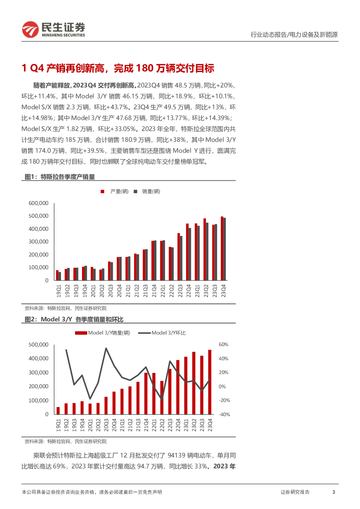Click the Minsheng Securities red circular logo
point(30,29)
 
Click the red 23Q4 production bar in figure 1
point(222,249)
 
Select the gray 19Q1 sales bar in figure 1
point(60,276)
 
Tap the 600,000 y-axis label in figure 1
point(38,203)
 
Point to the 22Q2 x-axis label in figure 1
point(171,291)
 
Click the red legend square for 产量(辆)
point(102,192)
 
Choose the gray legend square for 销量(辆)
point(135,192)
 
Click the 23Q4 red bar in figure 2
point(210,382)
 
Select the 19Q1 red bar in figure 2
point(58,411)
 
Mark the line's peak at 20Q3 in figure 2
point(106,348)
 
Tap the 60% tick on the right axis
point(224,345)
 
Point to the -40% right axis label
point(224,414)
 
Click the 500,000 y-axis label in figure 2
point(38,345)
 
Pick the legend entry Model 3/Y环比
point(162,333)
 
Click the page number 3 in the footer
point(334,492)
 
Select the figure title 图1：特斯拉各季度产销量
point(60,177)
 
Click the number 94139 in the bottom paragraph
point(176,455)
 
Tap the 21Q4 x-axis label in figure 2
point(146,425)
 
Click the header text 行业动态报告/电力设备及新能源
point(294,34)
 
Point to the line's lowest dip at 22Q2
point(162,399)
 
